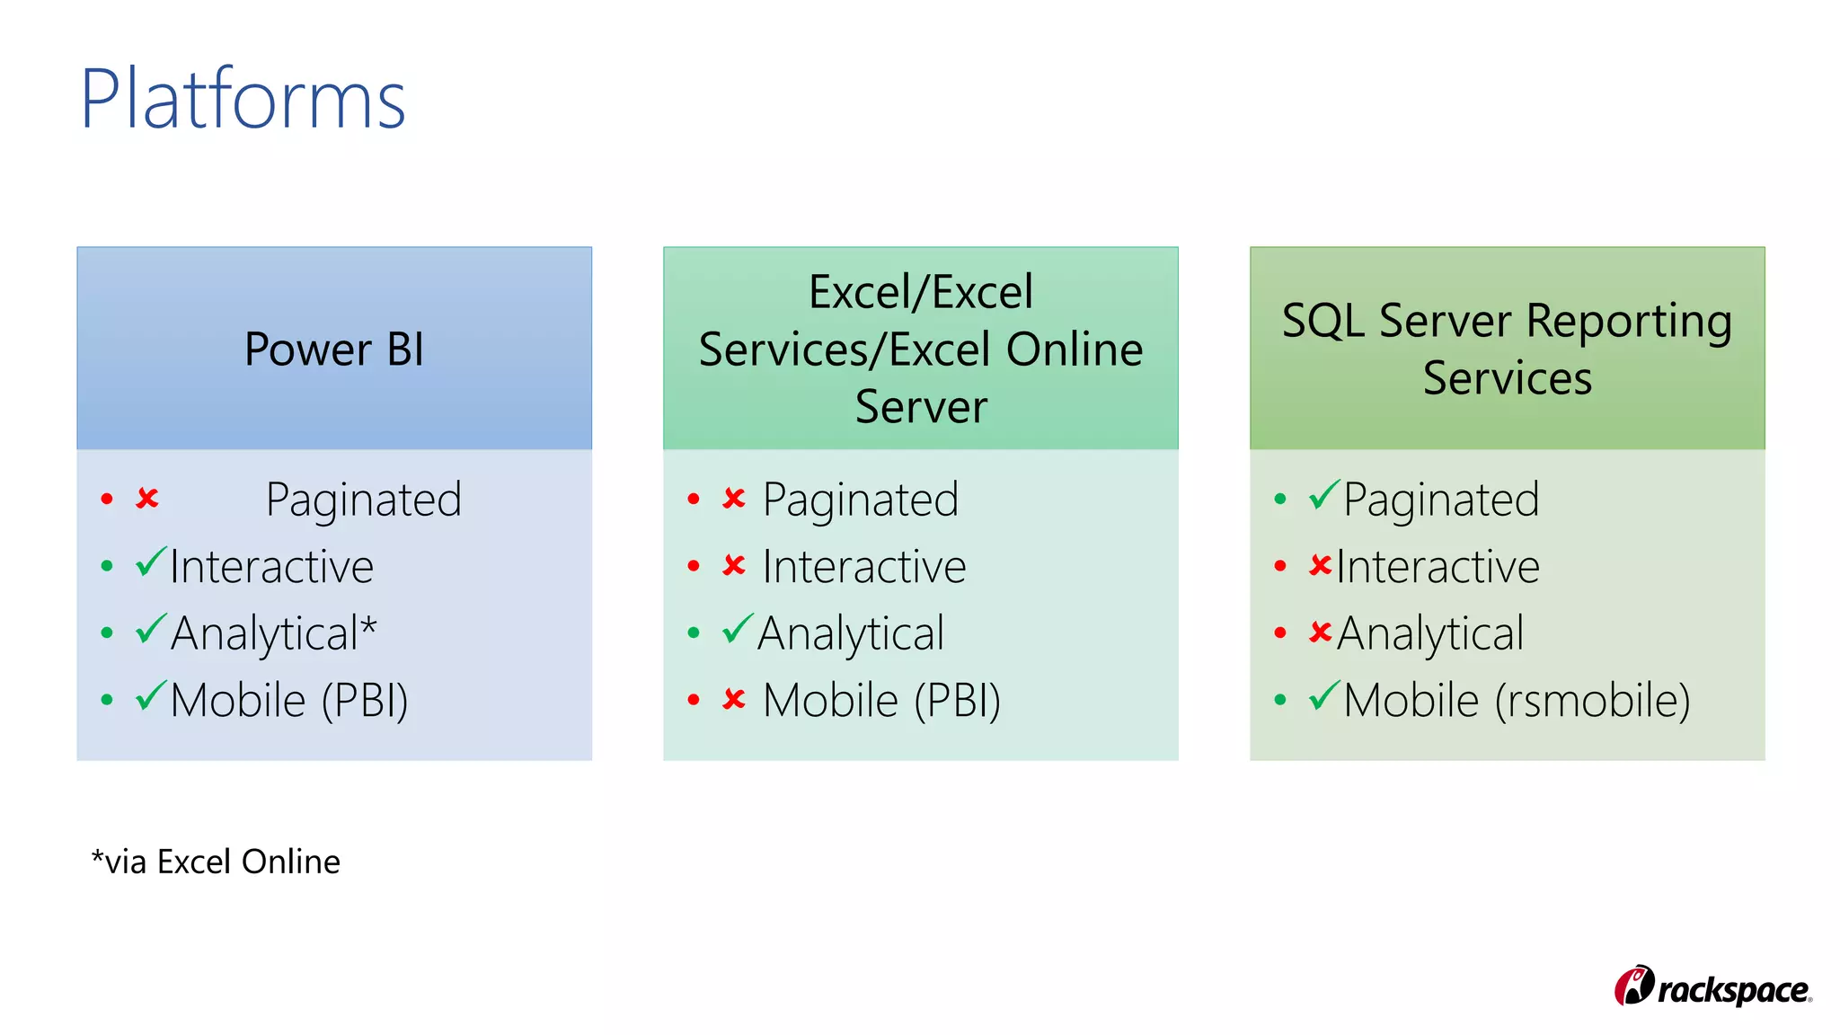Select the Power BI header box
tap(334, 349)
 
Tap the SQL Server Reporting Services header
tap(1507, 349)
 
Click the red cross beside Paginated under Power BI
tap(147, 498)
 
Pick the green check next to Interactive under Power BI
tap(151, 563)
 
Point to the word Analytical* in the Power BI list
tap(273, 633)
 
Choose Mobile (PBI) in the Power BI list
tap(289, 700)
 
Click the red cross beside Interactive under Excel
tap(734, 565)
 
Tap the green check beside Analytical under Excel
tap(738, 630)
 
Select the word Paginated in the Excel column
tap(860, 500)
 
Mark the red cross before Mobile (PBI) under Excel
tap(734, 699)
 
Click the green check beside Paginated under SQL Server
tap(1324, 495)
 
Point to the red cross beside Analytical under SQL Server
tap(1320, 632)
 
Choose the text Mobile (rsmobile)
tap(1517, 700)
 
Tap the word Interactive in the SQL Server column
tap(1437, 567)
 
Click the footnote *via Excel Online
tap(216, 862)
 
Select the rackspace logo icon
tap(1634, 986)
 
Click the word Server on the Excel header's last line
tap(921, 407)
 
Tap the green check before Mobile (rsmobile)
tap(1324, 696)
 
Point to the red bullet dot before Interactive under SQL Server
tap(1280, 566)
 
